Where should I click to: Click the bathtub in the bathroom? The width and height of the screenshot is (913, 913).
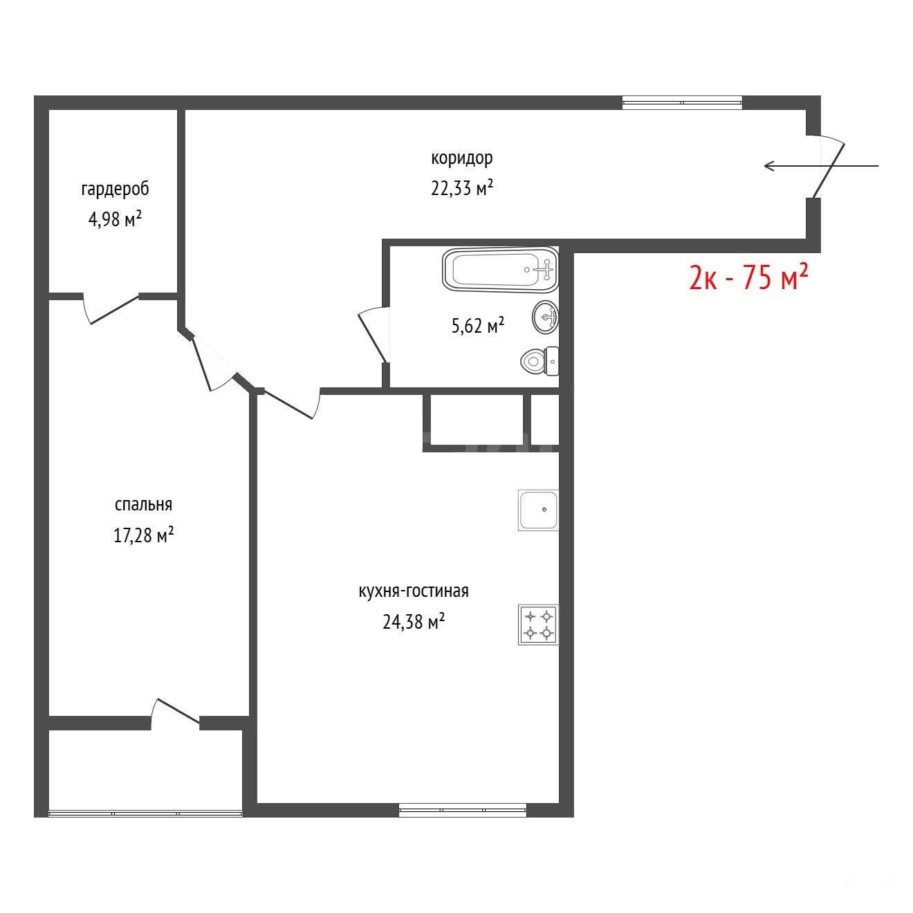click(x=500, y=270)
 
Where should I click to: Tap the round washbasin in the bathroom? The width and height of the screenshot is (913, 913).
click(x=545, y=317)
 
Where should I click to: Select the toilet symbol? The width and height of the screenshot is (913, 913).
click(x=539, y=361)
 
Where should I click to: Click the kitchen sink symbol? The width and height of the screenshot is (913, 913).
click(x=538, y=510)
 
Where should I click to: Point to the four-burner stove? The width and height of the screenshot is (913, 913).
click(x=538, y=625)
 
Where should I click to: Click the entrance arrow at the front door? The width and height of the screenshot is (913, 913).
click(x=821, y=166)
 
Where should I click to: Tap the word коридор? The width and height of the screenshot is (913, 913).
click(x=461, y=158)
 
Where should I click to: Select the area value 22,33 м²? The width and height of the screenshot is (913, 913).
click(x=461, y=188)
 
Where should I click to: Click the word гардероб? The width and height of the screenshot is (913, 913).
click(x=115, y=189)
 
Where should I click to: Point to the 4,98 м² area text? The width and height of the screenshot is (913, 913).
click(x=115, y=219)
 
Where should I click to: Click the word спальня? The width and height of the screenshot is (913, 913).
click(x=143, y=505)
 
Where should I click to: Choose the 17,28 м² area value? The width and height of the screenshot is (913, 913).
click(x=143, y=535)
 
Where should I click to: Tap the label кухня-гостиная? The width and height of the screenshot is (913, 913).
click(x=413, y=591)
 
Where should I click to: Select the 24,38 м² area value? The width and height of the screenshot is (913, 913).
click(x=413, y=621)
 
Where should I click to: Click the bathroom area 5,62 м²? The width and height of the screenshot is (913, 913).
click(x=477, y=326)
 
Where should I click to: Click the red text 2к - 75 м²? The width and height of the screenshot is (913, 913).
click(x=748, y=277)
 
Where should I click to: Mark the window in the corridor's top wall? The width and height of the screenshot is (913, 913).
click(x=682, y=102)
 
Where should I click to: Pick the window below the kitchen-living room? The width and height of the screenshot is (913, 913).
click(x=462, y=810)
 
